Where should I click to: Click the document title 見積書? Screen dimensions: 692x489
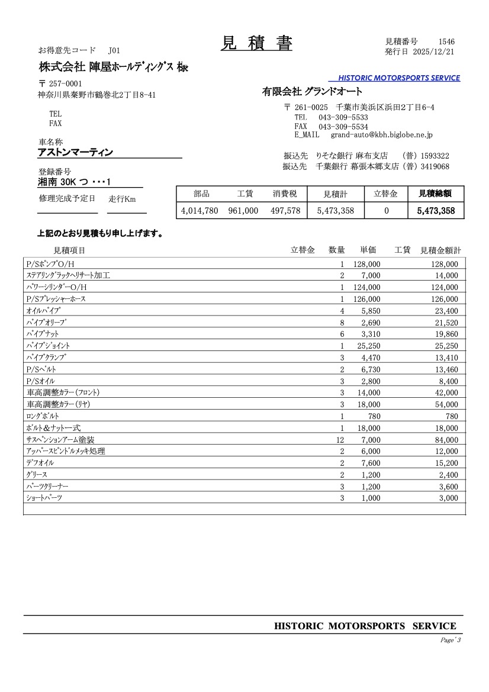click(256, 43)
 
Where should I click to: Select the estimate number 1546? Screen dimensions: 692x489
click(446, 41)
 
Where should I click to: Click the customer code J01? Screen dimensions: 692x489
click(114, 51)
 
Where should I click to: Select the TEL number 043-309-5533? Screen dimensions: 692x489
click(343, 117)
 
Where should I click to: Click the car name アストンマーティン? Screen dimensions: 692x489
click(75, 152)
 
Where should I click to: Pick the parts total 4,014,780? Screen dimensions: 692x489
click(200, 210)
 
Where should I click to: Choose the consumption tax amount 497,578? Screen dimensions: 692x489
click(285, 210)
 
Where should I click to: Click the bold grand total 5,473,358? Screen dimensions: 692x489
click(436, 210)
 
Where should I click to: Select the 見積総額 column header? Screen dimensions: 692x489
click(436, 193)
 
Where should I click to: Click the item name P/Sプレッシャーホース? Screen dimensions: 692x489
click(56, 299)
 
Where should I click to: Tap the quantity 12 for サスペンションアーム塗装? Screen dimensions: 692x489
click(340, 440)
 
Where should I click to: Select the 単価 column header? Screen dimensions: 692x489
click(368, 250)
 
